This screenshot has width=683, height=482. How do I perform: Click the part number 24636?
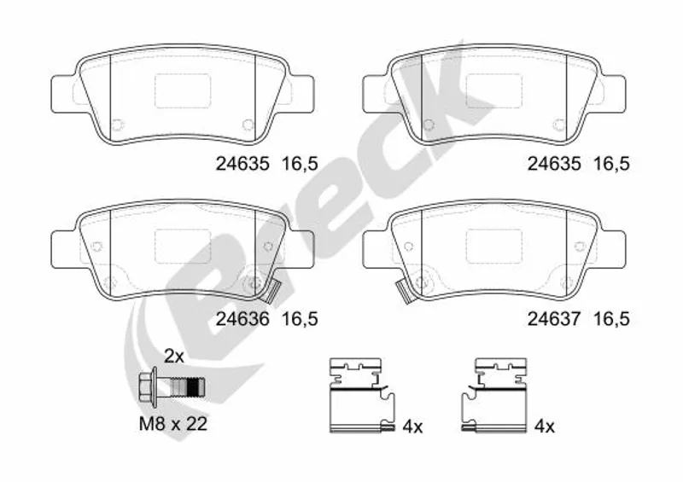(x=242, y=319)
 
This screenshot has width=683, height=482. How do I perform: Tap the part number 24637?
(x=554, y=319)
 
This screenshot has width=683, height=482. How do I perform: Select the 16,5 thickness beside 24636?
(x=301, y=320)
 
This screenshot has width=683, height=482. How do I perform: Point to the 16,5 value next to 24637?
(x=612, y=320)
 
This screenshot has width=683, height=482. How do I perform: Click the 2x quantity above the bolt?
(x=174, y=357)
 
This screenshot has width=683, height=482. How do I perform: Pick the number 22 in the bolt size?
(x=196, y=424)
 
